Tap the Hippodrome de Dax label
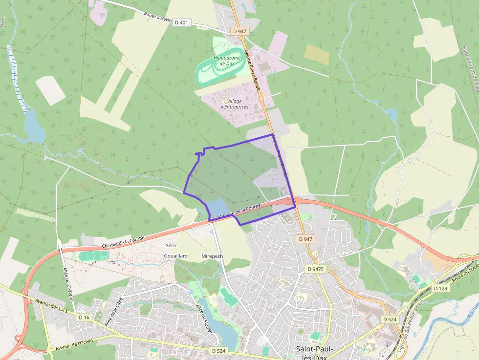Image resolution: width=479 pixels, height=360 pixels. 227,61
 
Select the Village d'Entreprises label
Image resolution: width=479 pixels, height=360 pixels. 234,104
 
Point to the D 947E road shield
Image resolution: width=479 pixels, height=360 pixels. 315,269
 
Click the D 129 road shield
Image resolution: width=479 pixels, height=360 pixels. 440,289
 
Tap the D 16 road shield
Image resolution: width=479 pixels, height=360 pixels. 84,318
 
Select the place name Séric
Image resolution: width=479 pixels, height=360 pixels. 171,245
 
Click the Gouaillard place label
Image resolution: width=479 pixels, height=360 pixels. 176,256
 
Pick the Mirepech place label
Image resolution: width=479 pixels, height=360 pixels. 212,256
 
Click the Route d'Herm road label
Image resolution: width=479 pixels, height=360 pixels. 156,16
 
